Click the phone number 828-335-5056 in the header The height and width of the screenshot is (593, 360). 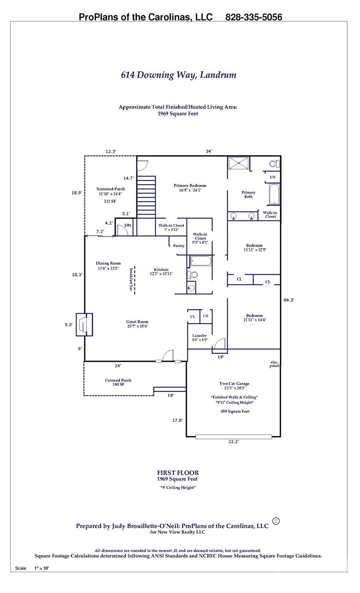[x=253, y=17]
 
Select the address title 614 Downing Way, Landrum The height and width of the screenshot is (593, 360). [x=178, y=75]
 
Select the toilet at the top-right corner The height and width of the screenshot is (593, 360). [x=273, y=164]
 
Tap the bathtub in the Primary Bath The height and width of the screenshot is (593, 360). [x=274, y=194]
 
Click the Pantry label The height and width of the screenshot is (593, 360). [x=178, y=246]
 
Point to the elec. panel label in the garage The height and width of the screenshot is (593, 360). [x=274, y=364]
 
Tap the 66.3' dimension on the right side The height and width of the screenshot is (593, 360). [x=289, y=300]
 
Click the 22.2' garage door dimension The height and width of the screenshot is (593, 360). [x=233, y=442]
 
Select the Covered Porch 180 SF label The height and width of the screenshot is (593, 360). [x=118, y=382]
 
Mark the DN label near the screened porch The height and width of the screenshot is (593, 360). [x=127, y=225]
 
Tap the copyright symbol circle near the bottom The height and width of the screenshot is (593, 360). [x=276, y=521]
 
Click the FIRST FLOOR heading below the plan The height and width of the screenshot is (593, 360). [x=178, y=473]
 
